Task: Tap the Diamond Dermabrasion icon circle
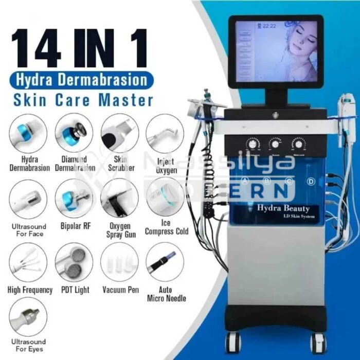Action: (x=74, y=132)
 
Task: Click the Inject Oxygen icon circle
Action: (x=165, y=132)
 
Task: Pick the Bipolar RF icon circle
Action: (x=74, y=198)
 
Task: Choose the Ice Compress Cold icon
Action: (x=165, y=198)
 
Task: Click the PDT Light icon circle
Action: (x=74, y=262)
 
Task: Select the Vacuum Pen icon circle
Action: (x=119, y=262)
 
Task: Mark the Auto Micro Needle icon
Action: (x=165, y=262)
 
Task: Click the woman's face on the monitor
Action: (x=293, y=49)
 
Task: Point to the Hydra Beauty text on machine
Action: (x=280, y=208)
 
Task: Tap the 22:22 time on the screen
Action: (x=270, y=26)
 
